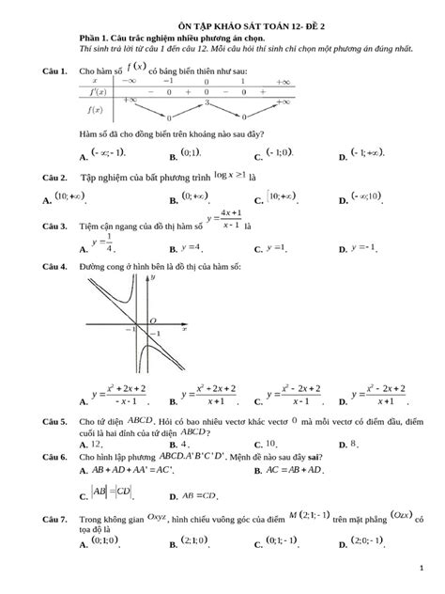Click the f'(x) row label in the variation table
tap(98, 93)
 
